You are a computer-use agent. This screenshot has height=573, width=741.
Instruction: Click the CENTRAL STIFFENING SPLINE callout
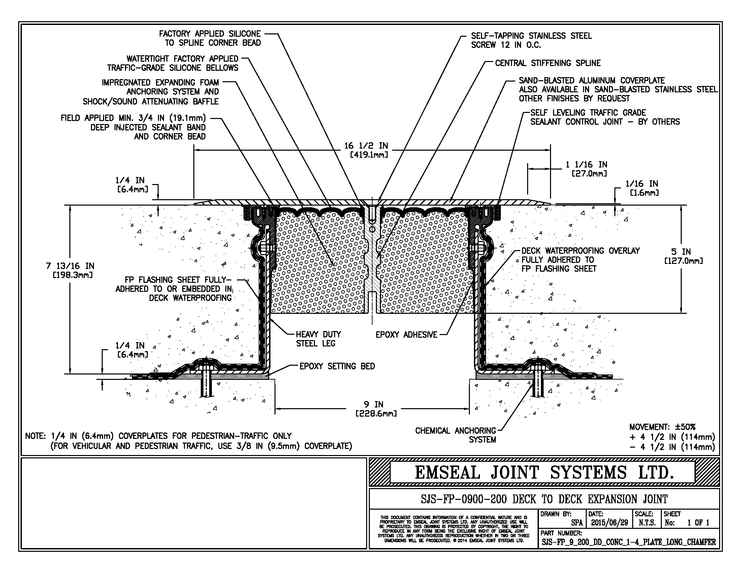pyautogui.click(x=548, y=63)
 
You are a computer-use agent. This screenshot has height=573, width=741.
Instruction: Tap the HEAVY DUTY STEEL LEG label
pyautogui.click(x=318, y=339)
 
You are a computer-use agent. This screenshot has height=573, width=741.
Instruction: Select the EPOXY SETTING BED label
pyautogui.click(x=337, y=366)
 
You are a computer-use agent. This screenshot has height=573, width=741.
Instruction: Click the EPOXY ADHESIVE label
pyautogui.click(x=406, y=335)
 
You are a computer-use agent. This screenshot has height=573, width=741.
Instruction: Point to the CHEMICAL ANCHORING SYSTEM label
pyautogui.click(x=455, y=435)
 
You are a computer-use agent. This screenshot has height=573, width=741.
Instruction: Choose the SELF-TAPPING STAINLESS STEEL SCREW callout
pyautogui.click(x=531, y=40)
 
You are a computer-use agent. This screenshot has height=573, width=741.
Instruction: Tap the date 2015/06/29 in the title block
pyautogui.click(x=609, y=522)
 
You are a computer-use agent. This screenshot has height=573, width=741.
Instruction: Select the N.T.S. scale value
pyautogui.click(x=647, y=522)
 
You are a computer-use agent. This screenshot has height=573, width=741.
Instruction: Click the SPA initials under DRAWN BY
pyautogui.click(x=576, y=523)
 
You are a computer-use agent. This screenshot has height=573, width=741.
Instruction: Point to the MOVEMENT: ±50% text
pyautogui.click(x=662, y=427)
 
